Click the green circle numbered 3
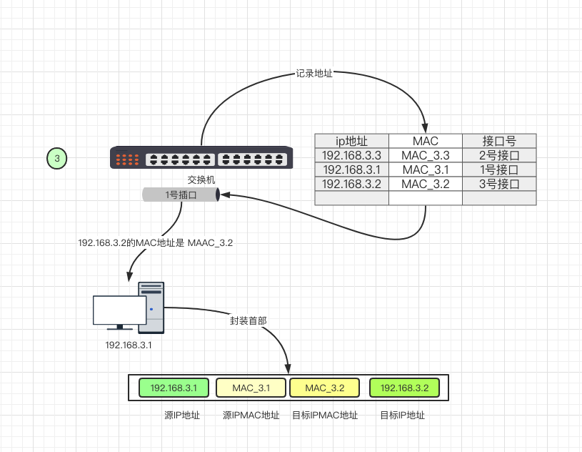pyautogui.click(x=58, y=157)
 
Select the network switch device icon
pyautogui.click(x=201, y=157)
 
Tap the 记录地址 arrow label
pyautogui.click(x=314, y=74)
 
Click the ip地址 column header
pyautogui.click(x=351, y=141)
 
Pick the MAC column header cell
pyautogui.click(x=426, y=141)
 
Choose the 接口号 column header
pyautogui.click(x=499, y=141)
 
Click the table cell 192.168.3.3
pyautogui.click(x=351, y=155)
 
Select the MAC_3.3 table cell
pyautogui.click(x=426, y=155)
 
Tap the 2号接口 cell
pyautogui.click(x=499, y=155)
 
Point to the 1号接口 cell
pyautogui.click(x=499, y=169)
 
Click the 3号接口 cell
pyautogui.click(x=499, y=184)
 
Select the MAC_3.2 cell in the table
pyautogui.click(x=426, y=184)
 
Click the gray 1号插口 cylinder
pyautogui.click(x=181, y=195)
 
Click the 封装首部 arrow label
pyautogui.click(x=249, y=320)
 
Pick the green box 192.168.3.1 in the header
pyautogui.click(x=174, y=388)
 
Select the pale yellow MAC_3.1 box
pyautogui.click(x=251, y=388)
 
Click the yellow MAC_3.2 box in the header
pyautogui.click(x=325, y=388)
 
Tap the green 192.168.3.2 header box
pyautogui.click(x=404, y=388)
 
